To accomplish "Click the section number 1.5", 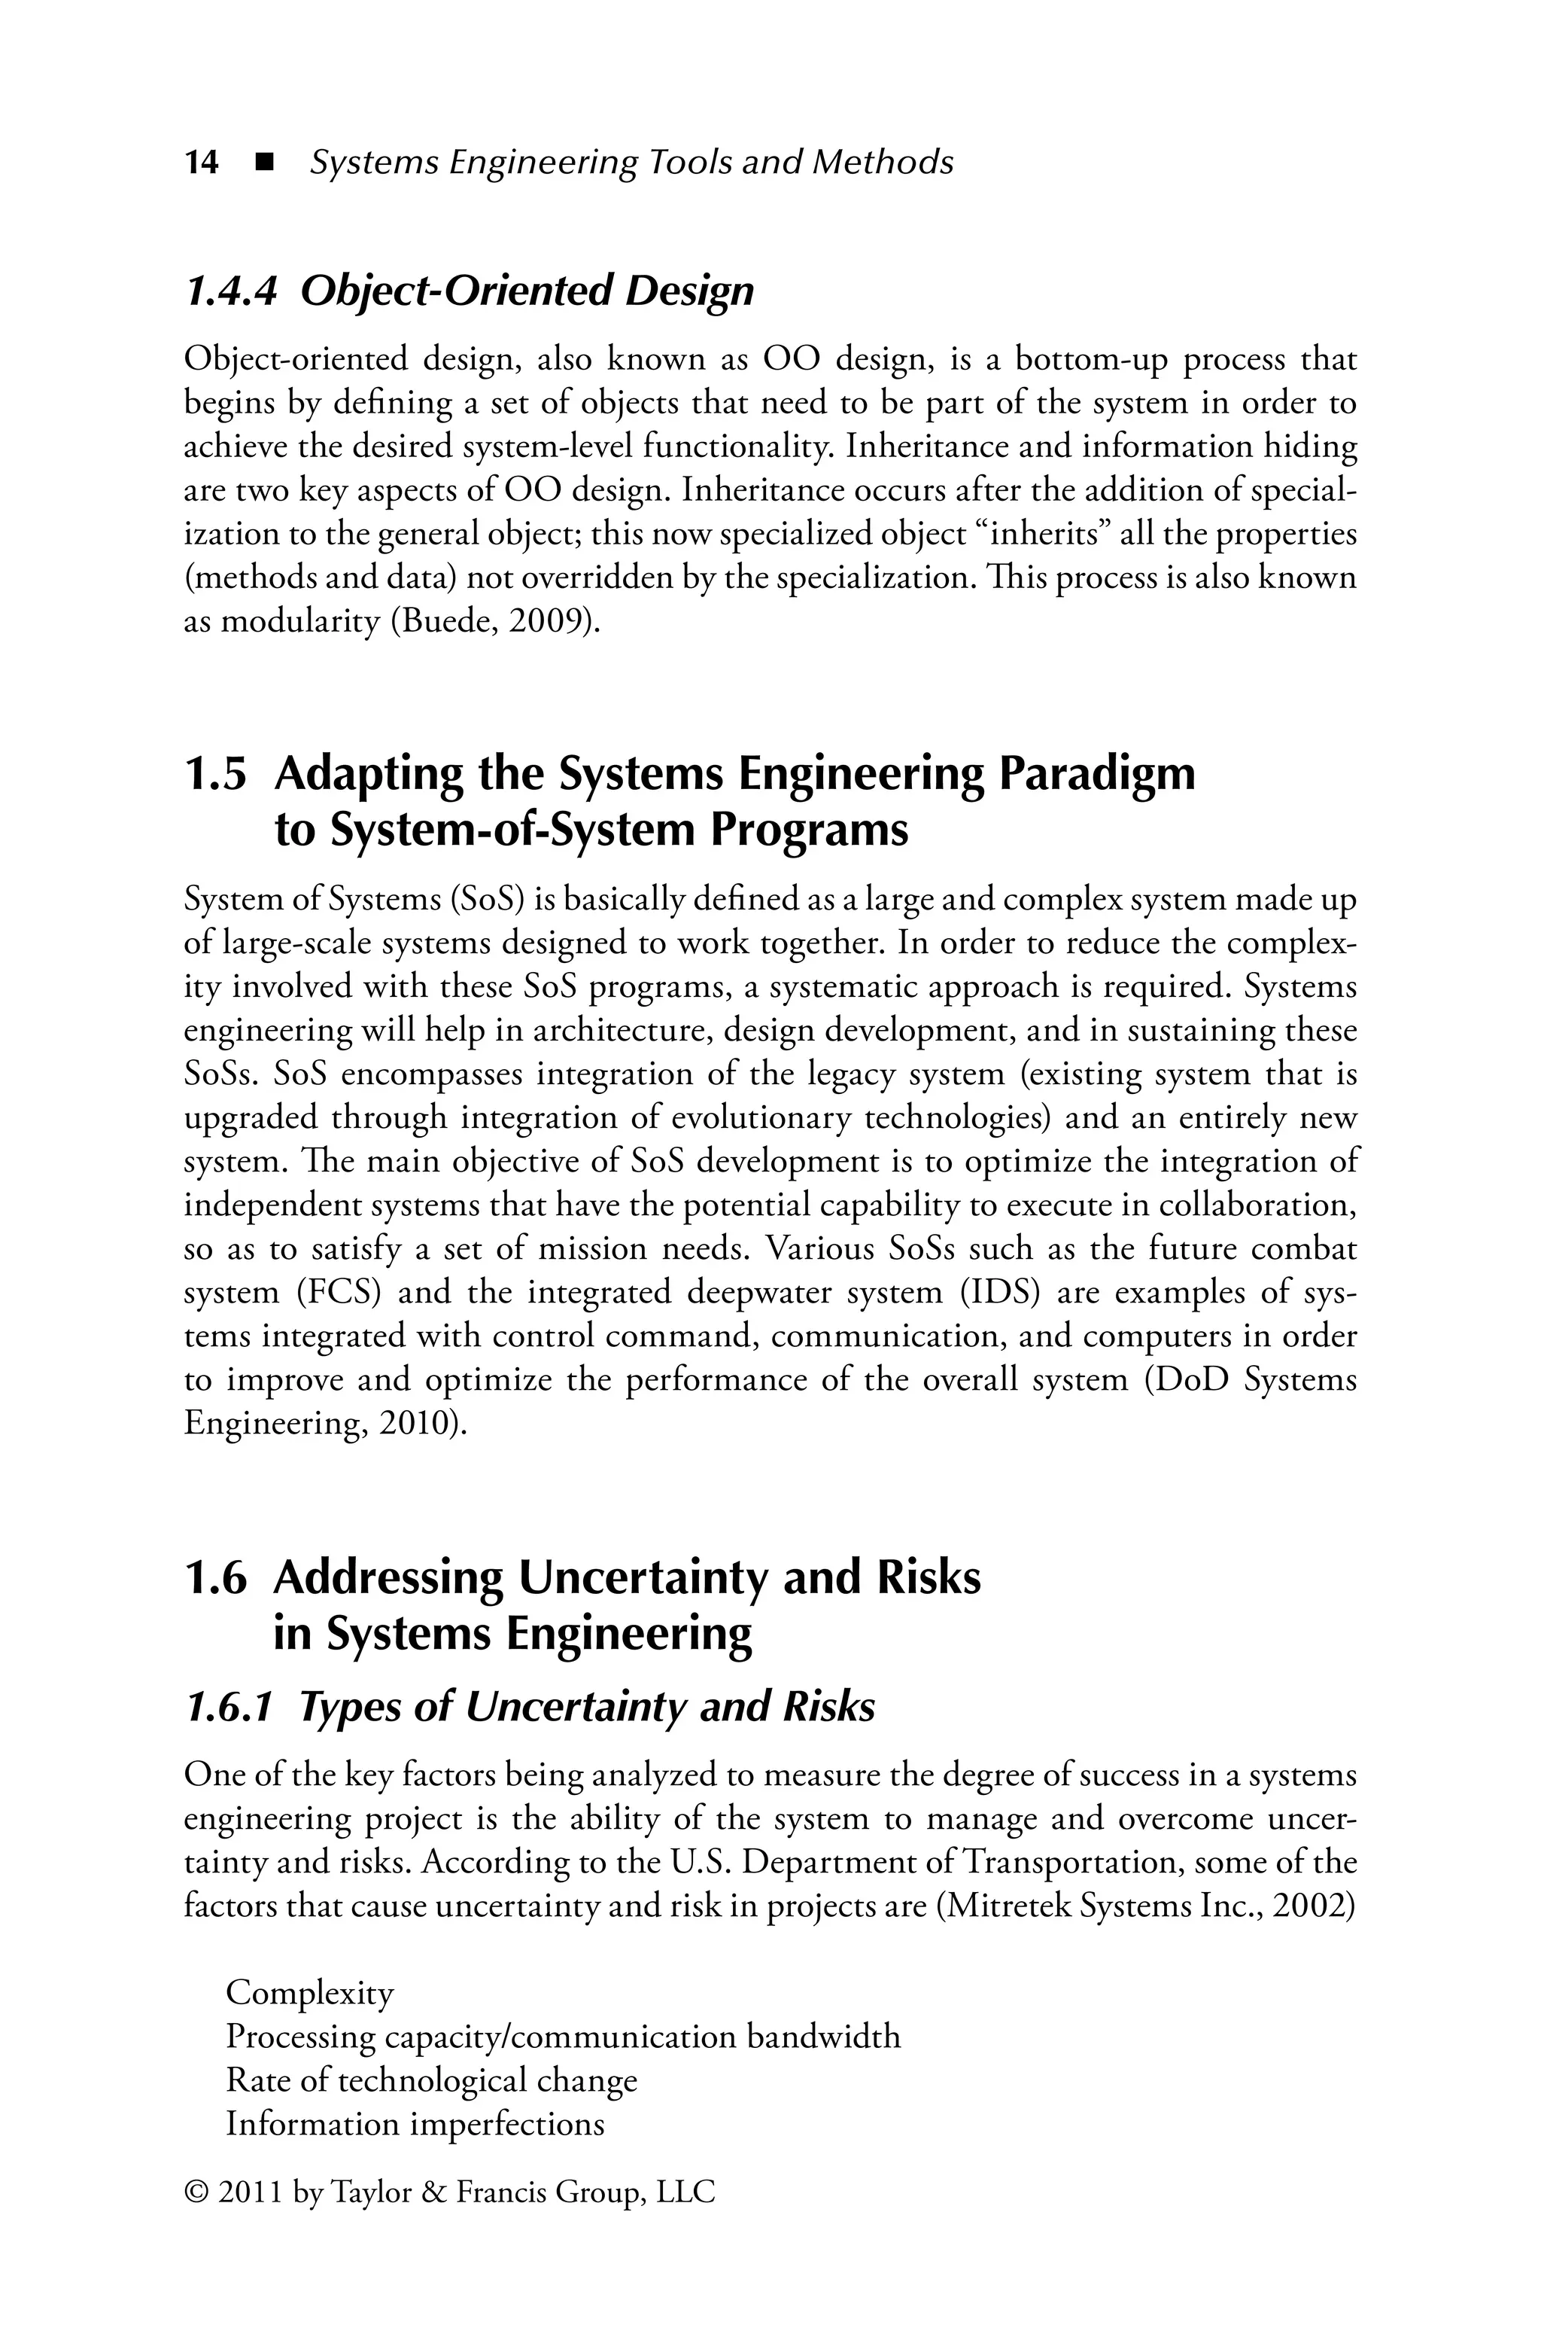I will coord(215,774).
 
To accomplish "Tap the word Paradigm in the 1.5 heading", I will coord(1097,774).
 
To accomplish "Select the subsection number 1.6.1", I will coord(227,1708).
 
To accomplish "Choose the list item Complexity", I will coord(311,1994).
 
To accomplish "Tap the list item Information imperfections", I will coord(415,2123).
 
